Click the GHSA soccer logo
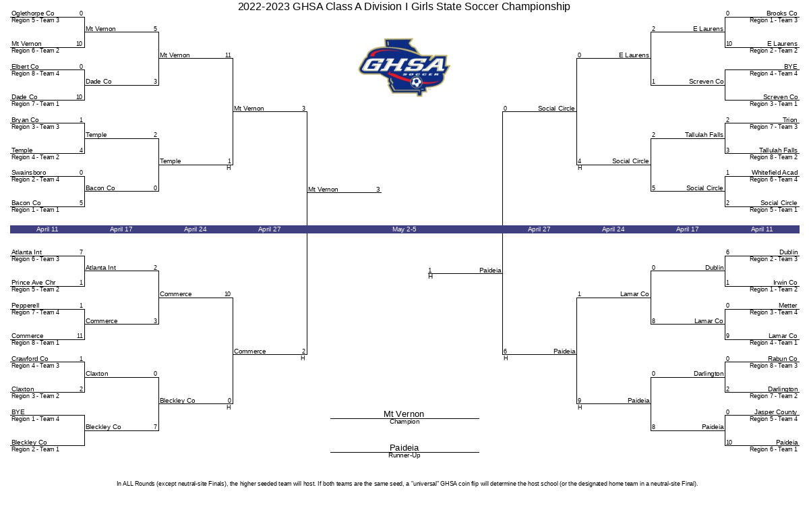point(404,67)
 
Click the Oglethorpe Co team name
point(33,13)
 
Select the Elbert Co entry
point(25,67)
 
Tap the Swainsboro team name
point(29,173)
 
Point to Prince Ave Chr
point(34,282)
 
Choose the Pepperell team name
point(26,306)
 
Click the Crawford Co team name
point(30,358)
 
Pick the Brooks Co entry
point(781,13)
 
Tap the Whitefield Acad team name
point(775,173)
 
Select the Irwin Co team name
point(785,282)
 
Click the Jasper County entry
point(775,412)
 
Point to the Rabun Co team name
point(782,358)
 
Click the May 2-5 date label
point(404,229)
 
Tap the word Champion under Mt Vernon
point(404,422)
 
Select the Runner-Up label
point(404,455)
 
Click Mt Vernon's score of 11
point(228,55)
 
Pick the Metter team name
point(787,306)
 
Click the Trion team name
point(790,119)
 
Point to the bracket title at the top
point(404,7)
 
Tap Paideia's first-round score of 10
point(729,443)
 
